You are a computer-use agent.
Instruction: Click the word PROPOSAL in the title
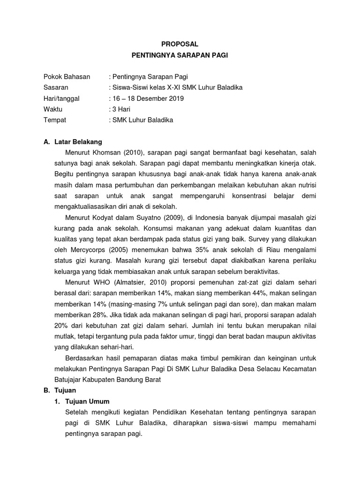180,44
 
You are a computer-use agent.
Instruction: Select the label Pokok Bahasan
67,77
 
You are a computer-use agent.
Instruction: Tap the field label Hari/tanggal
61,98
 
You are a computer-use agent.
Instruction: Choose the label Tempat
55,120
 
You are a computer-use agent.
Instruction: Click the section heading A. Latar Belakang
72,142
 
